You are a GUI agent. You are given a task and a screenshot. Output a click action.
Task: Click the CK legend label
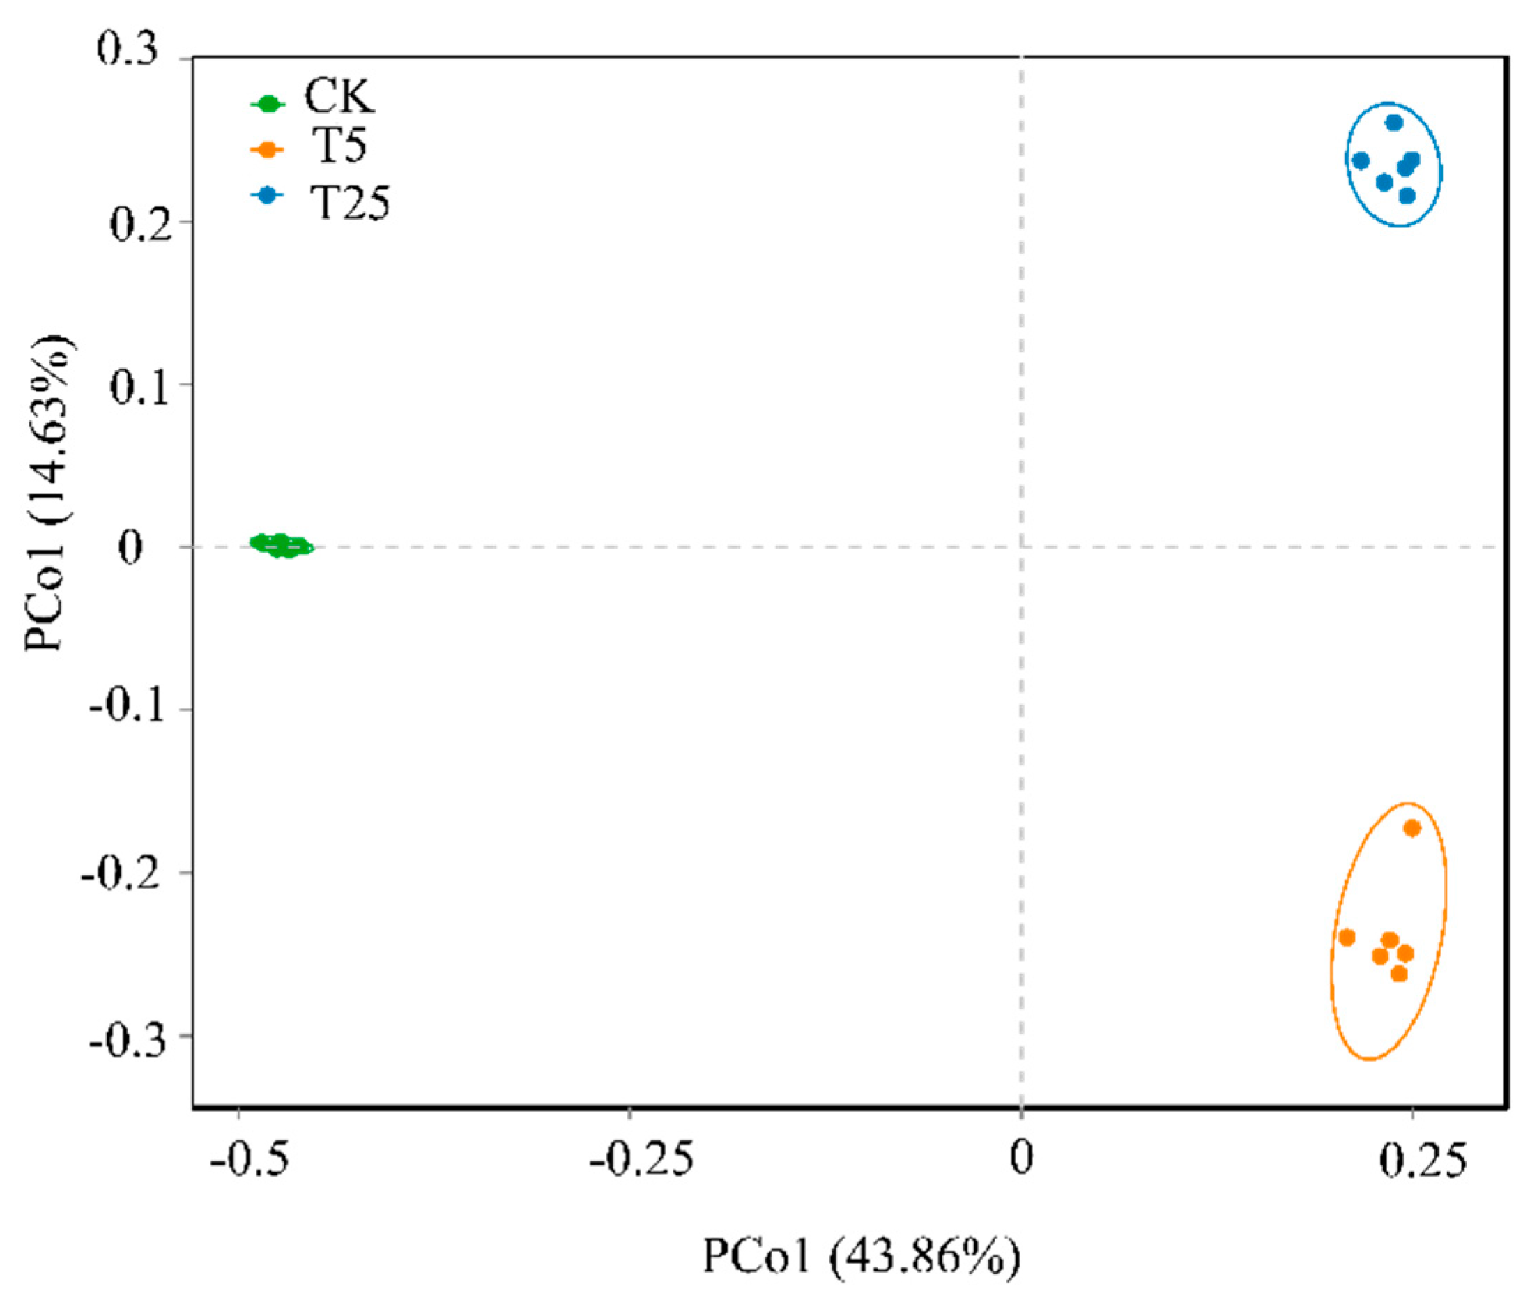click(x=339, y=97)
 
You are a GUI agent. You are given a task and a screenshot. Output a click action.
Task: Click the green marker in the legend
click(x=268, y=104)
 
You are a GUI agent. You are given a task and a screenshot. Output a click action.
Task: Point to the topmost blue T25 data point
click(x=1394, y=123)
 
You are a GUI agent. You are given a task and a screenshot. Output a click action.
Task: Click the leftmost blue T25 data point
click(x=1361, y=160)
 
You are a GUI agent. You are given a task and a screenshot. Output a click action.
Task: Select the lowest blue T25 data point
click(x=1407, y=195)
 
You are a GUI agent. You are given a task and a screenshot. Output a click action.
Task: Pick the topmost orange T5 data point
click(x=1411, y=828)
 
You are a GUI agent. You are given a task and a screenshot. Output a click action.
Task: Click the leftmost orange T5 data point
click(x=1347, y=938)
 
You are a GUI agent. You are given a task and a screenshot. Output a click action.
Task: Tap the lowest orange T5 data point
click(x=1399, y=974)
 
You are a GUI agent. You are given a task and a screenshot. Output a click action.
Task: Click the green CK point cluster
click(x=282, y=545)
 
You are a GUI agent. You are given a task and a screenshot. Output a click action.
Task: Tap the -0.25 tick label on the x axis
click(x=641, y=1159)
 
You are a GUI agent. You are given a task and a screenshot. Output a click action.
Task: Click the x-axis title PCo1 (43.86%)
click(x=862, y=1257)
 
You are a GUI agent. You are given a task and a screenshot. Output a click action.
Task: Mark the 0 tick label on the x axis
click(x=1020, y=1158)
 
